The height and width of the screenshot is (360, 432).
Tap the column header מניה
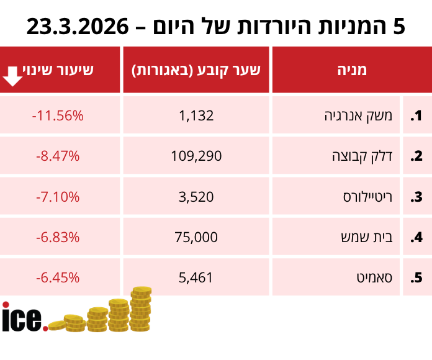pyautogui.click(x=351, y=70)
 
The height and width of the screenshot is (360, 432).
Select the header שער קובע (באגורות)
pyautogui.click(x=196, y=70)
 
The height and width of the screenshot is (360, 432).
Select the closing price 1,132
pyautogui.click(x=196, y=116)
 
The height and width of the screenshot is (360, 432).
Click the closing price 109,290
pyautogui.click(x=196, y=156)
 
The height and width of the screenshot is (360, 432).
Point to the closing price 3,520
pyautogui.click(x=196, y=197)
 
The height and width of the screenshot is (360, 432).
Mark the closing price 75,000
pyautogui.click(x=196, y=237)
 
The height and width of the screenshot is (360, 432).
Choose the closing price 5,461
pyautogui.click(x=196, y=277)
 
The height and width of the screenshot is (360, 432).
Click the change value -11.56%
pyautogui.click(x=57, y=116)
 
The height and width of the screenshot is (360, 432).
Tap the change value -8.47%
pyautogui.click(x=57, y=156)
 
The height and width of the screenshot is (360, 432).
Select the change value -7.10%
pyautogui.click(x=57, y=197)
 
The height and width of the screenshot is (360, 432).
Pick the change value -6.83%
pyautogui.click(x=57, y=237)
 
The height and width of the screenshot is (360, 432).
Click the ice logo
pyautogui.click(x=24, y=318)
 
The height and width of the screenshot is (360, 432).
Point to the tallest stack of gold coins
pyautogui.click(x=141, y=309)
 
